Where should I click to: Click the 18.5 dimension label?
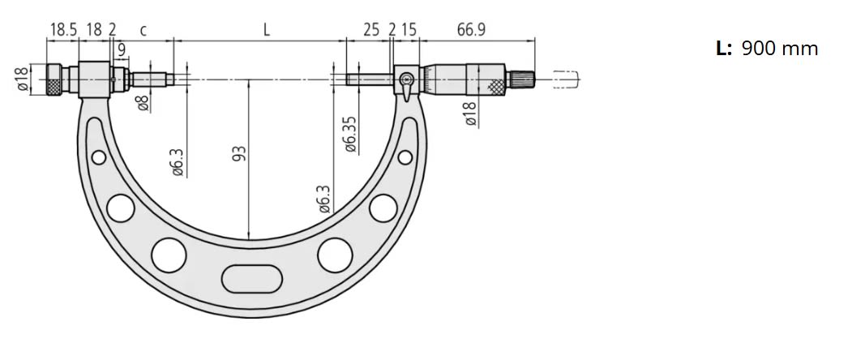64,30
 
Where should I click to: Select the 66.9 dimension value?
471,30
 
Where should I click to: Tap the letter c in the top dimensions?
143,31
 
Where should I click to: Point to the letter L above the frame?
266,30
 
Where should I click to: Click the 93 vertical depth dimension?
239,154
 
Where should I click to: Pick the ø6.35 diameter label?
350,133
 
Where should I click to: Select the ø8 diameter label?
143,103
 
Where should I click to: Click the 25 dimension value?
371,30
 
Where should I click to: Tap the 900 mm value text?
779,49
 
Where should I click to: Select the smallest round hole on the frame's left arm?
98,156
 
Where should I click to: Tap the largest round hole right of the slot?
332,255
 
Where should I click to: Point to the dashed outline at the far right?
567,79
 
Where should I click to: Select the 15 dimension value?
409,30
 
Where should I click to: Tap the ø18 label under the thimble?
469,113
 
